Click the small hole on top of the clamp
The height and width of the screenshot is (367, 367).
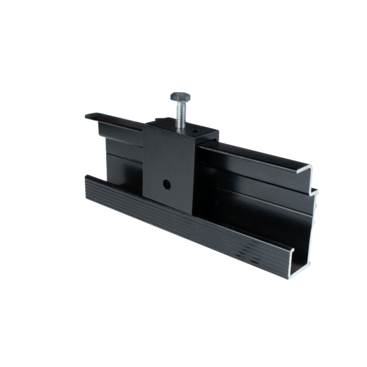(x=196, y=129)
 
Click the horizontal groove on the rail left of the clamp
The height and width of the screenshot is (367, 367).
(x=121, y=151)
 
